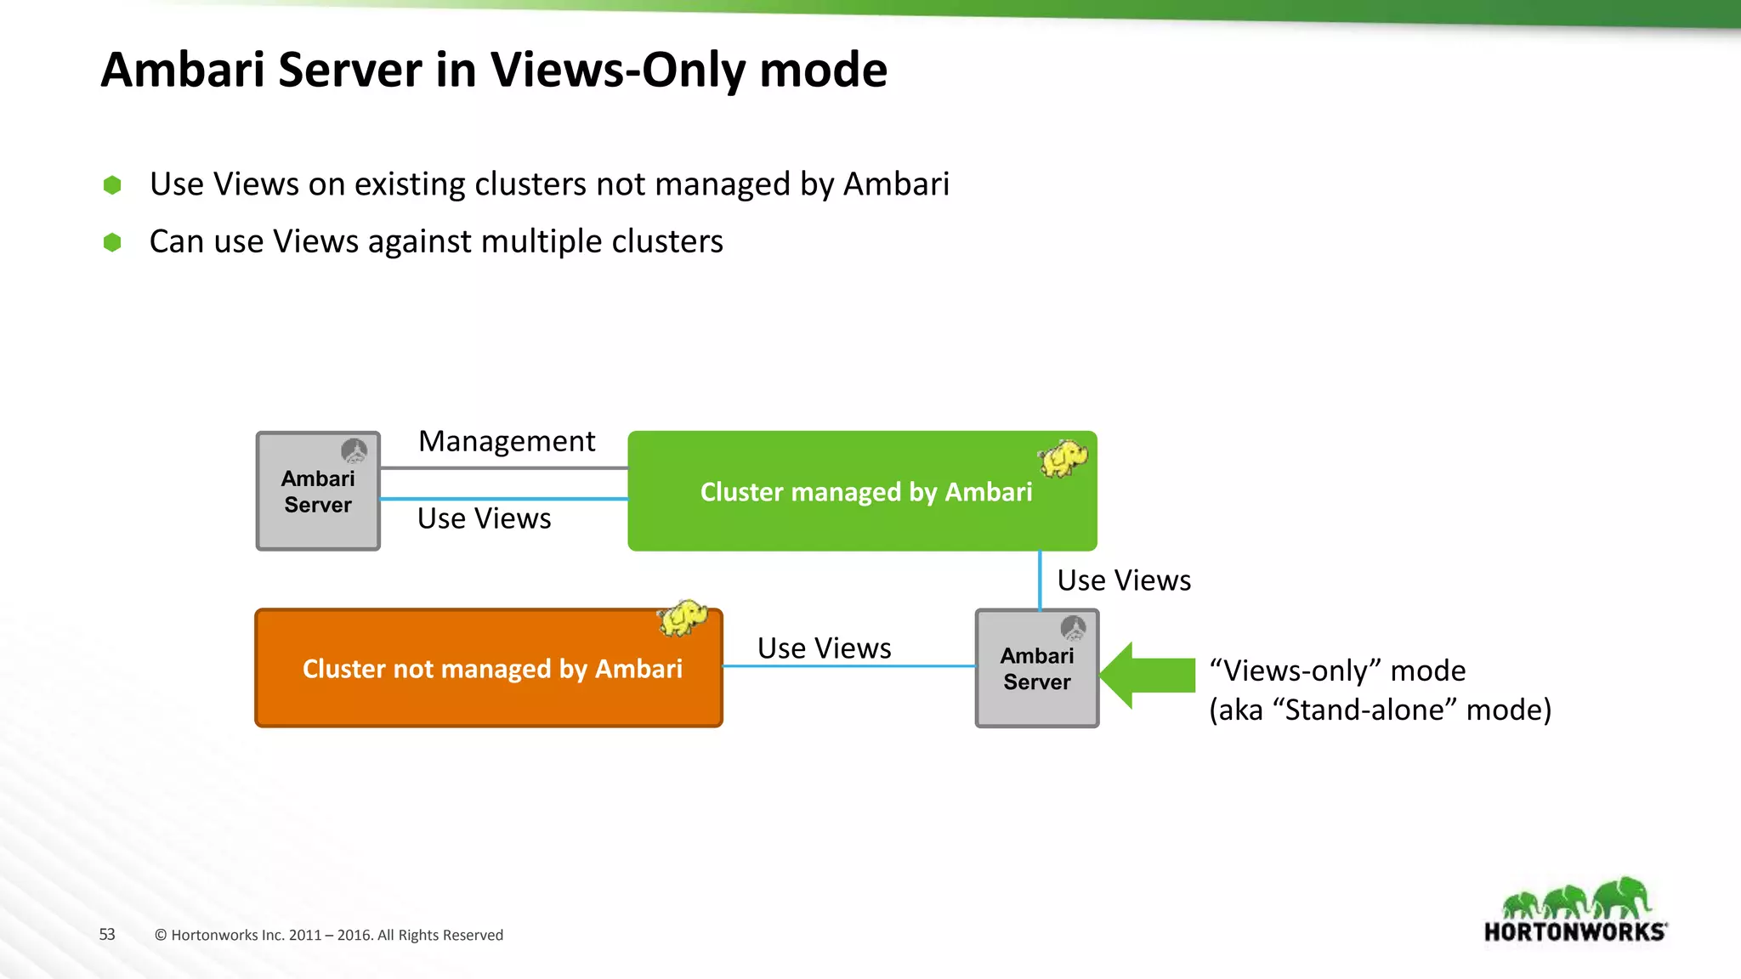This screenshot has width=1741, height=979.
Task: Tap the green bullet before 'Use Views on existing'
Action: [112, 185]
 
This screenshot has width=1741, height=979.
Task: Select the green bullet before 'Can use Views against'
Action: [112, 243]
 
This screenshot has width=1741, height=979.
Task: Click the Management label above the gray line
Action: [507, 441]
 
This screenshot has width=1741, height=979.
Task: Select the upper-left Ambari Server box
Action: [318, 491]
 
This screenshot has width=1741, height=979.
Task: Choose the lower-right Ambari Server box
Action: [1037, 669]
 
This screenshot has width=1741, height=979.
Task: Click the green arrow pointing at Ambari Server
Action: [1148, 675]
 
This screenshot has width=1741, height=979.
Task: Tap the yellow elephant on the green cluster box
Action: [1063, 458]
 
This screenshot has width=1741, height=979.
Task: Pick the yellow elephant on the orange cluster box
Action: [683, 618]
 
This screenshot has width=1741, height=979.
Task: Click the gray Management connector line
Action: [504, 468]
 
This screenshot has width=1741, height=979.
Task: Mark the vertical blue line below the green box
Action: [1040, 580]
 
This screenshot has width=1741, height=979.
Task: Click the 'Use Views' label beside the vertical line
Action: [1124, 580]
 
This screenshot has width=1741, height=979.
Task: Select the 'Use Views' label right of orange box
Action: [824, 648]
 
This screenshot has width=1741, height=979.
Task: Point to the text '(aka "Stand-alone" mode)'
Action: [1380, 710]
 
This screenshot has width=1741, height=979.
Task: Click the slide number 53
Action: [107, 935]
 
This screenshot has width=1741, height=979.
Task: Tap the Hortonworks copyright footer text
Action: [329, 935]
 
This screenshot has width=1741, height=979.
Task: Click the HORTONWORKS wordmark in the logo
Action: [1574, 932]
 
